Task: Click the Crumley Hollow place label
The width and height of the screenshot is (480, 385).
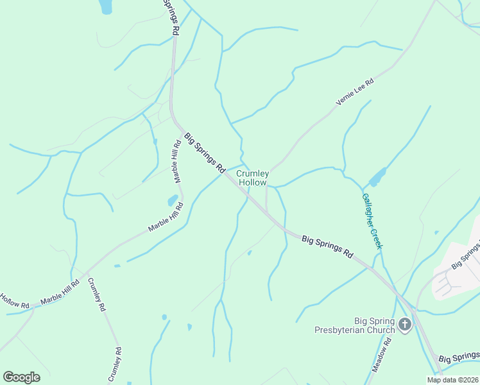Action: tap(252, 178)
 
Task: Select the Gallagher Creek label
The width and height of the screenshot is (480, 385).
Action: tap(372, 221)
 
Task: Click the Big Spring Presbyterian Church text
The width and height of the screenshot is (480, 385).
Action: tap(354, 325)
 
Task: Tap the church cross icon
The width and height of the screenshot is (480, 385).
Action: tap(404, 325)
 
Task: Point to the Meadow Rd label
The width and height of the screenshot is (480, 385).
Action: tap(381, 356)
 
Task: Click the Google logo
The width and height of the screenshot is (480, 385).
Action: tap(21, 377)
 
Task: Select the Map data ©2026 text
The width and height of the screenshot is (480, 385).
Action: tap(452, 380)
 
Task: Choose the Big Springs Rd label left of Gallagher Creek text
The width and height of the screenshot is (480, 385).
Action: tap(328, 246)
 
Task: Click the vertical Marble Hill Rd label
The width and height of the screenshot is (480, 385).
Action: tap(176, 161)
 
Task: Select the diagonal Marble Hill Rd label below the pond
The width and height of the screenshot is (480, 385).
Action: tap(166, 217)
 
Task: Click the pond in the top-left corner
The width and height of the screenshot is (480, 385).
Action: tap(105, 6)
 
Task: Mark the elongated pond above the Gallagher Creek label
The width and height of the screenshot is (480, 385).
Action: tap(378, 176)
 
